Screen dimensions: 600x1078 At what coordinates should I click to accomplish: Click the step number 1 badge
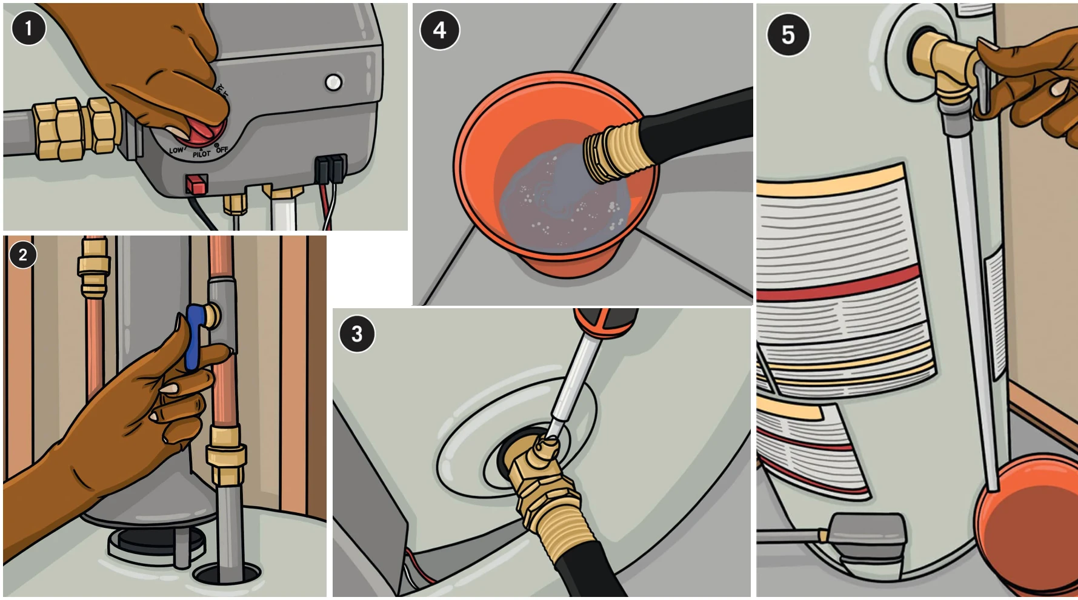(x=28, y=28)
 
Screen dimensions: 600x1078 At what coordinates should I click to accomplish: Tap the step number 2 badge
(x=23, y=254)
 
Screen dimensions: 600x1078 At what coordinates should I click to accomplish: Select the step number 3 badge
(x=356, y=334)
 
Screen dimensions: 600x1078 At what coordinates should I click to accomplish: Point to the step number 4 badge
(x=439, y=30)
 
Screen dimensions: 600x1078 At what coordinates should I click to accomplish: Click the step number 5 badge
(x=787, y=35)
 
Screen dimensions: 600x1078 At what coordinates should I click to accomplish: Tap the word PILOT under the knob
(x=201, y=154)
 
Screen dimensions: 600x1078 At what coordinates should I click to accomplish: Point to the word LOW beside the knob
(x=176, y=150)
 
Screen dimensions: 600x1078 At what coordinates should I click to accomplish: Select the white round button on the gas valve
(x=333, y=82)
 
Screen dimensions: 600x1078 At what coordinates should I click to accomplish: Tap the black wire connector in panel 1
(x=331, y=168)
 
